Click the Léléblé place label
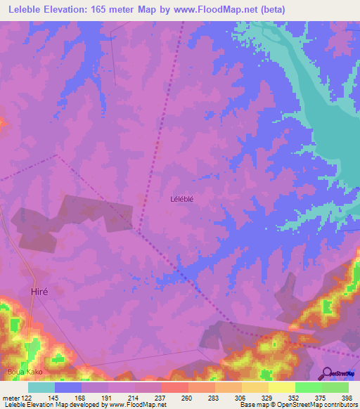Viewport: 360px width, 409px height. point(181,199)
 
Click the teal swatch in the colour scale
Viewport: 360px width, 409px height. point(41,387)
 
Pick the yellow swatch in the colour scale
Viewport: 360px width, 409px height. point(281,387)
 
